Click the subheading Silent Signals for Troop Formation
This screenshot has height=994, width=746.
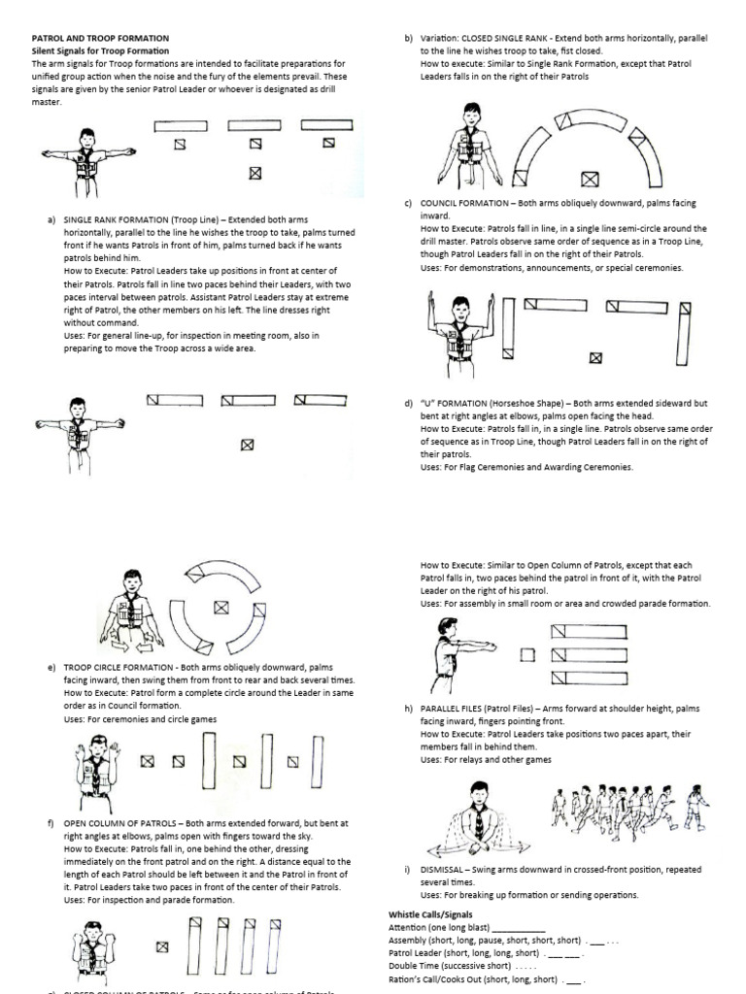[101, 50]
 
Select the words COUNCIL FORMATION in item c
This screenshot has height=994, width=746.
[468, 204]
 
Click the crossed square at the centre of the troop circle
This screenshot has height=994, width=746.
[222, 608]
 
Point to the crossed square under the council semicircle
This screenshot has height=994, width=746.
[588, 179]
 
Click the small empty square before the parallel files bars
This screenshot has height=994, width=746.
[527, 654]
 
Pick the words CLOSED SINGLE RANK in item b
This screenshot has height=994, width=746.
[510, 38]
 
